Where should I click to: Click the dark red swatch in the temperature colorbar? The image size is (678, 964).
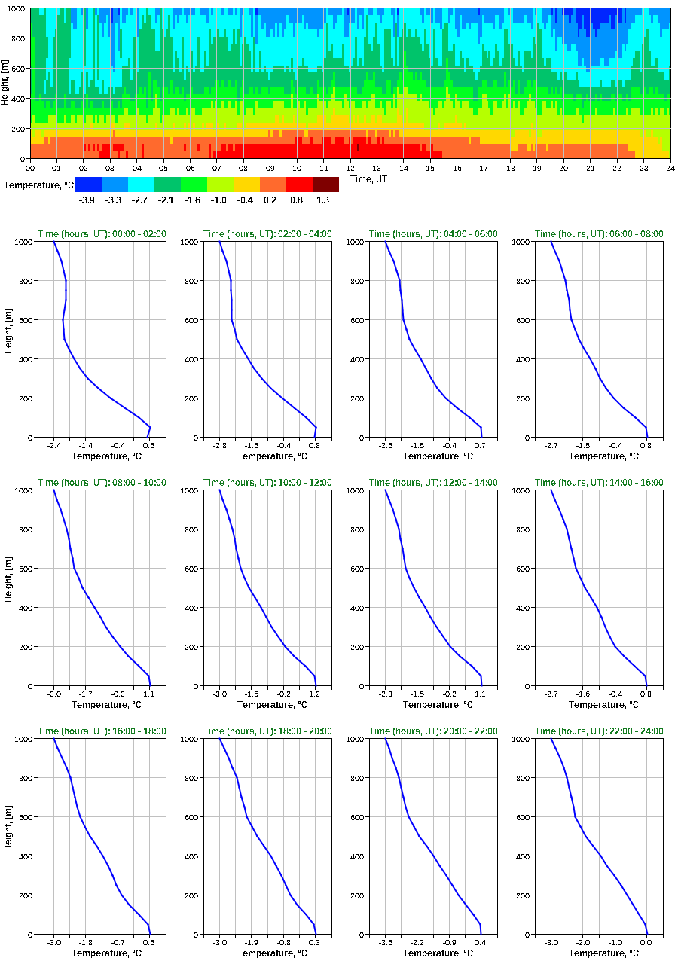coord(325,184)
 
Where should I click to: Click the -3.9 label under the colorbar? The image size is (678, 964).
coord(87,200)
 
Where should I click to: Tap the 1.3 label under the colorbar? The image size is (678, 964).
coord(322,200)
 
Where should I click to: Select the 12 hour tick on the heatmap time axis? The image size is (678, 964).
coord(350,169)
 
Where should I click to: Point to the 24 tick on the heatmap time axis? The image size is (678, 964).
coord(670,169)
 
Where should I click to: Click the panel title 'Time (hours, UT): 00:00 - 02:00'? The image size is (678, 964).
coord(102,234)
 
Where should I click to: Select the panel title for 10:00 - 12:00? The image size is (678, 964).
coord(267,483)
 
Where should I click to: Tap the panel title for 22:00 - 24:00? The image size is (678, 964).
coord(599,731)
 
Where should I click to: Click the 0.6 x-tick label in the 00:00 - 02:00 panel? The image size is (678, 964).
coord(148,446)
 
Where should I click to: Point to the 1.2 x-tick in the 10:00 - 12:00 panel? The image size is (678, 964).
coord(314,694)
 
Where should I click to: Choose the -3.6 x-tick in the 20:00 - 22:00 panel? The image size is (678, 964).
coord(385,943)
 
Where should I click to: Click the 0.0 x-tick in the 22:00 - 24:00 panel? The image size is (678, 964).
coord(646,943)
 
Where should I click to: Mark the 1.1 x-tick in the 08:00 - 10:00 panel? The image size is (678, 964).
coord(148,694)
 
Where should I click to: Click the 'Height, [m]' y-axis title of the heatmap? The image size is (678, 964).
coord(5,83)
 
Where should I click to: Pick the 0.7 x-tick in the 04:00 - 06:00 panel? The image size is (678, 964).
coord(480,446)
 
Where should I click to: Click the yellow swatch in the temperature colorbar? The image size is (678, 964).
coord(246,184)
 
